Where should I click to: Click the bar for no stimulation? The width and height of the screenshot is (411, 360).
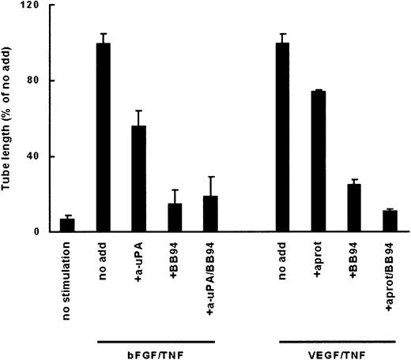(x=67, y=225)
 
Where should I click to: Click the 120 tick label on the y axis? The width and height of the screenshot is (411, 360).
(x=34, y=6)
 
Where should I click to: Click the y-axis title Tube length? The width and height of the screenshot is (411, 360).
(x=9, y=118)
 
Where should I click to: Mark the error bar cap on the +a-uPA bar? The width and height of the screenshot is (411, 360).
(x=139, y=111)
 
